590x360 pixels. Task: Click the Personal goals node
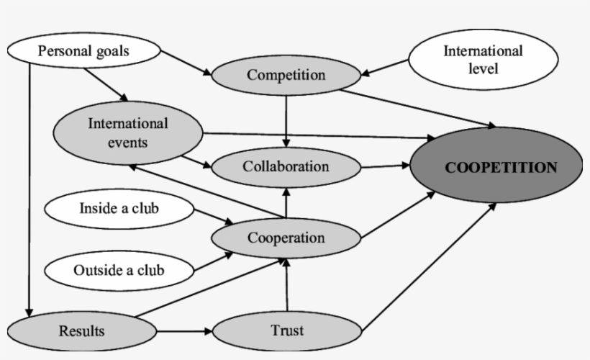[83, 51]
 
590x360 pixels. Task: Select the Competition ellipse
[286, 75]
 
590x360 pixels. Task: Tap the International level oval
[482, 60]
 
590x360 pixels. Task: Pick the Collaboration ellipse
[286, 166]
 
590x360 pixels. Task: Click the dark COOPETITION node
[501, 167]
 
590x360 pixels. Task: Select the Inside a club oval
[119, 210]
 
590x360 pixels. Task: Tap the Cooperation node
[286, 237]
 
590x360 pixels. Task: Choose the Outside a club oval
[119, 271]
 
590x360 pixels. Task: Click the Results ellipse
[81, 331]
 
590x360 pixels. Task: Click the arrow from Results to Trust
[184, 331]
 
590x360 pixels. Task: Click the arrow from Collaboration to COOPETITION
[385, 166]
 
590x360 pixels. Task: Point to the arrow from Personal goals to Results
[29, 187]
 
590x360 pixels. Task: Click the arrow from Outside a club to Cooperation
[213, 261]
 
